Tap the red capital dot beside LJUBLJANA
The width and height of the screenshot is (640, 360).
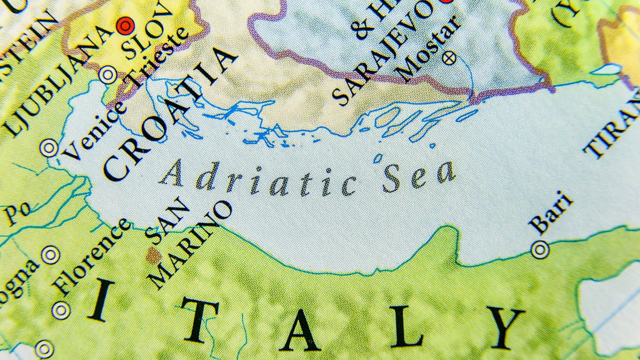(126, 25)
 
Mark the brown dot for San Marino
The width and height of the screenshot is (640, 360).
(154, 254)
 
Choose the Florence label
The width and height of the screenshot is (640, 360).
(92, 256)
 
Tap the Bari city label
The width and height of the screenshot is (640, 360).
(551, 213)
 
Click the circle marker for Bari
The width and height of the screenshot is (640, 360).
(540, 249)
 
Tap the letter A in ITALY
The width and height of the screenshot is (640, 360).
(300, 331)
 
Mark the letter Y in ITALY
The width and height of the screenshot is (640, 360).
(506, 327)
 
